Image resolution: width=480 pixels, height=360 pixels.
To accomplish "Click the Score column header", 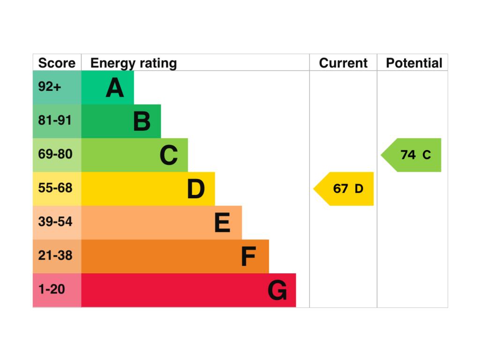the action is tap(57, 63).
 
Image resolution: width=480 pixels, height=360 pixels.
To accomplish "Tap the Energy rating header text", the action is tap(134, 64).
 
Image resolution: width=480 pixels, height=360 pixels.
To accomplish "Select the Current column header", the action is tap(343, 63).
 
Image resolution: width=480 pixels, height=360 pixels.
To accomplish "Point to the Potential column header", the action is tap(414, 63).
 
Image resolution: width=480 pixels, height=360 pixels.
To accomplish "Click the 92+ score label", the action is tap(50, 87).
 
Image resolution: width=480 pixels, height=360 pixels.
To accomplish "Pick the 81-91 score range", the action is tap(55, 120).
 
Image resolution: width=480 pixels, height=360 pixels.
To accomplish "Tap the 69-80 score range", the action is tap(55, 154).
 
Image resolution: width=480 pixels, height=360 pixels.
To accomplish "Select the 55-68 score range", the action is tap(55, 188).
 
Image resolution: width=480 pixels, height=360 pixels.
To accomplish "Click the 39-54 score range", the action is tap(55, 222).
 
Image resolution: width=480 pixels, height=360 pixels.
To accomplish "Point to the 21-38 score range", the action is tap(55, 255).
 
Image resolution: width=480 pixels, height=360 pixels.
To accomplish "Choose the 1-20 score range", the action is tap(52, 289).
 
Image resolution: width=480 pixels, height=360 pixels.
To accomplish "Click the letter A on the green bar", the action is tap(115, 88).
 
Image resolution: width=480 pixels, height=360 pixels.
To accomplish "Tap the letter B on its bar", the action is tap(142, 121).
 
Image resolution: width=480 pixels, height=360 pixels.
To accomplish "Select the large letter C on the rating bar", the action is tap(169, 155).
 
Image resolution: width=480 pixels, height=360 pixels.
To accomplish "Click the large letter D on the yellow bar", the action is tap(196, 189).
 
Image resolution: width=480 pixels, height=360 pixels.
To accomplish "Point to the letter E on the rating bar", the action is tap(222, 223).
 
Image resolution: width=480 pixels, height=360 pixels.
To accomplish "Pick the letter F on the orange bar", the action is tap(248, 256).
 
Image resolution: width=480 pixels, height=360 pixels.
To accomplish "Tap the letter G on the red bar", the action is tap(277, 290).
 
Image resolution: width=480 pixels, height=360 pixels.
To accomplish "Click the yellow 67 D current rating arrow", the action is tap(344, 189).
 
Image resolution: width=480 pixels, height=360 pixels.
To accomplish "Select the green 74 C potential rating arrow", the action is tap(411, 155).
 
